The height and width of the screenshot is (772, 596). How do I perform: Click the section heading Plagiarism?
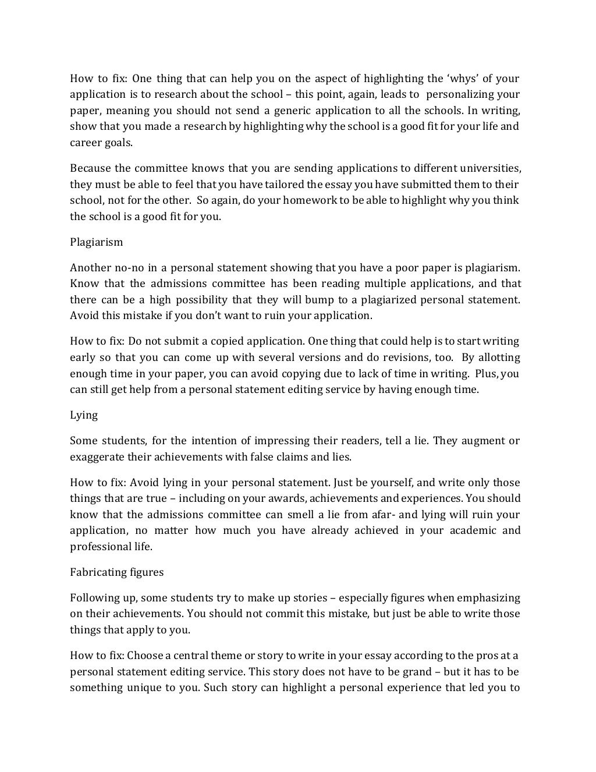[x=96, y=242]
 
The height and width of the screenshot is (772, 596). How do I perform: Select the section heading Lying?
[x=84, y=415]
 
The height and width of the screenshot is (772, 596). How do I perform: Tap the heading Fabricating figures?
[x=116, y=572]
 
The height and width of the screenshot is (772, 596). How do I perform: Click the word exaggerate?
[x=96, y=457]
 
